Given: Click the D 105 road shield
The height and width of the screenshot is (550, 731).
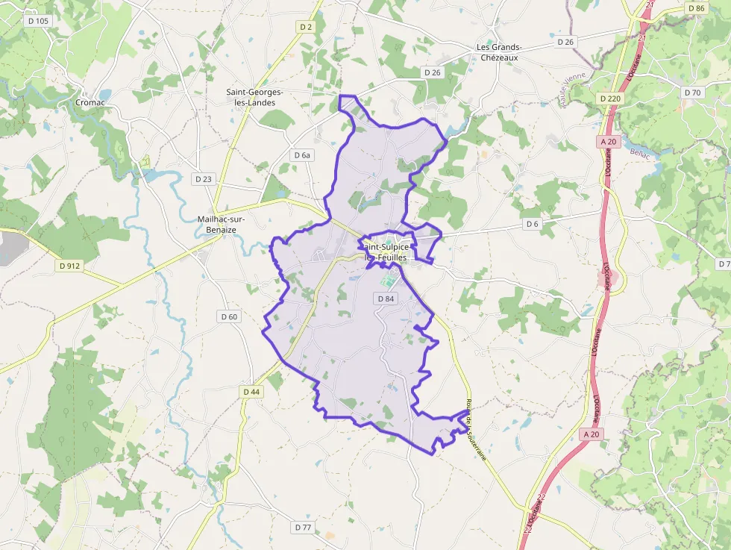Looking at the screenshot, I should (37, 21).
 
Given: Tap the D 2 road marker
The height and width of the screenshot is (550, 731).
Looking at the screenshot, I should (306, 27).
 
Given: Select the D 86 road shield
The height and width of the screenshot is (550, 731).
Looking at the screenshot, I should (696, 8).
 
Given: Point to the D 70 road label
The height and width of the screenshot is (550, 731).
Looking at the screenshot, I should (692, 93).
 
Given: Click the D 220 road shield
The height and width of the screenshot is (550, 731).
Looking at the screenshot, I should (609, 98).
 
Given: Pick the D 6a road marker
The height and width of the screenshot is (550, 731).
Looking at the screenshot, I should (301, 155).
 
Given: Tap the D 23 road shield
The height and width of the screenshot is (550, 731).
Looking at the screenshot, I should (203, 179).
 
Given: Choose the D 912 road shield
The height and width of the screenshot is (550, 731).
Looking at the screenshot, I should (69, 265).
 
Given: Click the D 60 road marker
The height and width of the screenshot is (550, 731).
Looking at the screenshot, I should (229, 316).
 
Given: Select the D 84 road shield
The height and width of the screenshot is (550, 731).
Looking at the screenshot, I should (386, 299).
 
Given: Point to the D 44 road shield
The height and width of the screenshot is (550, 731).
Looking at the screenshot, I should (251, 392).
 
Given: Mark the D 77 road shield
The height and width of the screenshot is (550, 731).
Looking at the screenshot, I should (303, 528).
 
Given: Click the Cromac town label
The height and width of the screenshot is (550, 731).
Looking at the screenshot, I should (90, 102).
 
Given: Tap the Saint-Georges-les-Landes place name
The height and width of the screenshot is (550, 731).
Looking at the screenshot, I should (255, 97).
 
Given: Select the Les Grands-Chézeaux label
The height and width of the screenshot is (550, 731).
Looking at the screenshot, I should (500, 52).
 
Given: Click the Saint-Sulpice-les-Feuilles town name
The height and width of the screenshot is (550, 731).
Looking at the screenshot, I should (386, 251).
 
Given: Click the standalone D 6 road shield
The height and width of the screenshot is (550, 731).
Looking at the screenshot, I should (532, 224).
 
